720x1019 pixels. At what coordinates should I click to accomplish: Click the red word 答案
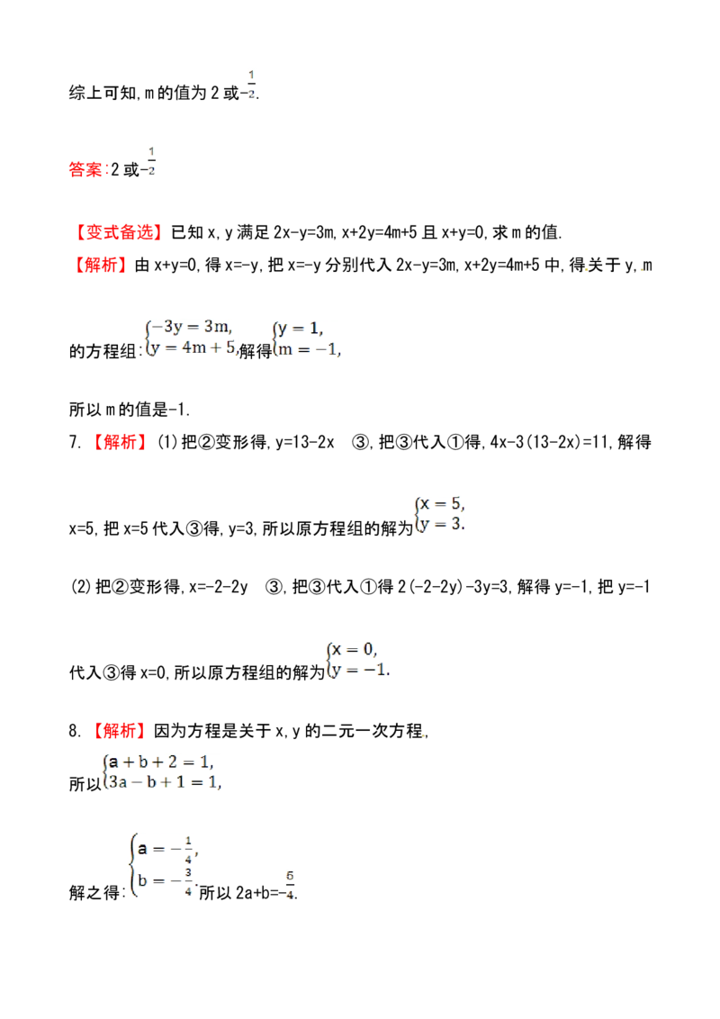click(85, 169)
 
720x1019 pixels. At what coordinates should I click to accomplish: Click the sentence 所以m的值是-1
click(130, 410)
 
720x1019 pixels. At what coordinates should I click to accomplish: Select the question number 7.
click(75, 442)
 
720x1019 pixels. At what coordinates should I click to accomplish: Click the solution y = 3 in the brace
click(442, 524)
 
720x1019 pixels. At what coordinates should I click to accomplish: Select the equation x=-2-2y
click(219, 587)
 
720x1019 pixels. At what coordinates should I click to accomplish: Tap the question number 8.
click(75, 731)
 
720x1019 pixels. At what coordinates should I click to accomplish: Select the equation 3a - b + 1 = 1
click(165, 781)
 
